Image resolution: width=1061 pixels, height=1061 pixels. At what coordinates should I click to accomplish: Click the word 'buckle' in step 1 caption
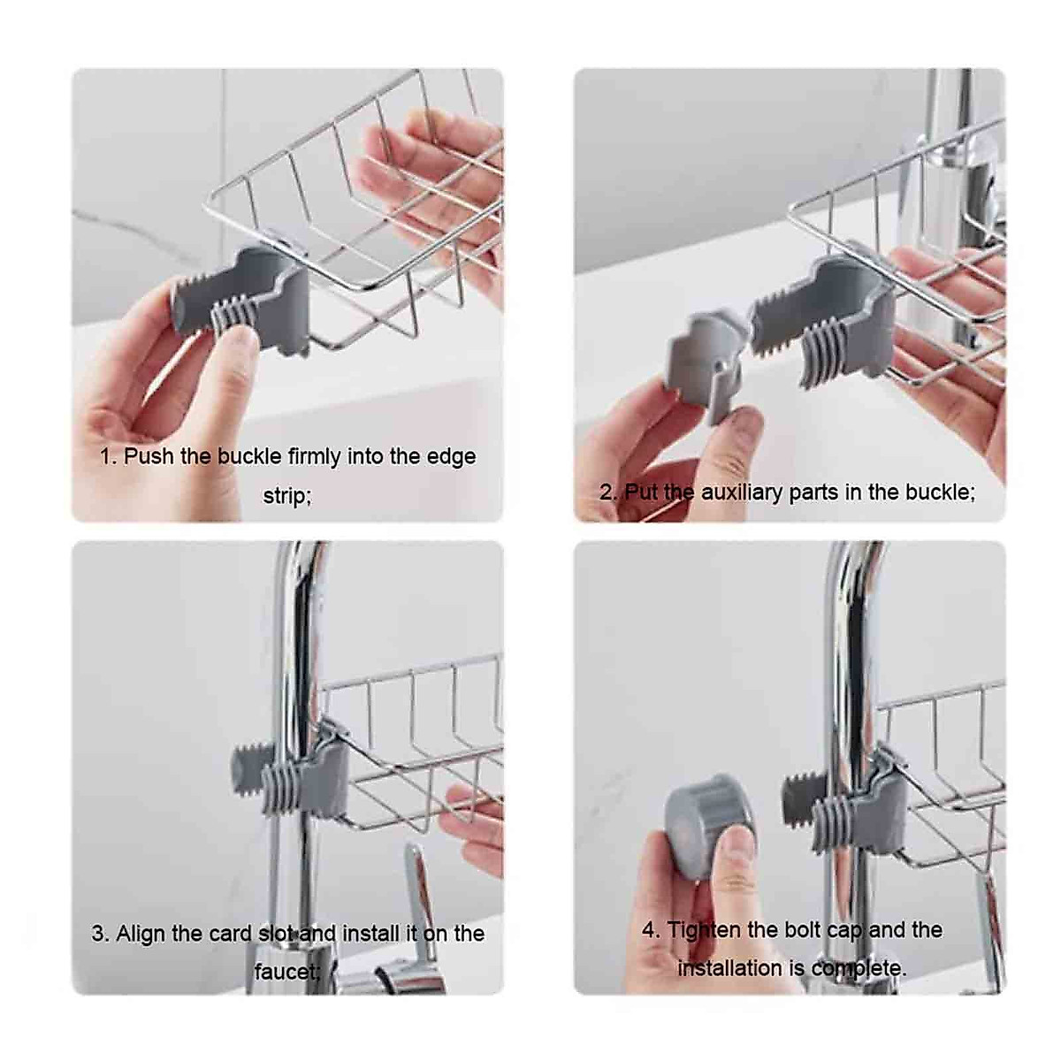click(x=250, y=457)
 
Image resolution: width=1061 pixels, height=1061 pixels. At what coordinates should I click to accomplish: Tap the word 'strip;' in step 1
click(x=287, y=496)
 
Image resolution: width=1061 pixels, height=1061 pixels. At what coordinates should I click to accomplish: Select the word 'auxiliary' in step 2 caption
click(x=742, y=492)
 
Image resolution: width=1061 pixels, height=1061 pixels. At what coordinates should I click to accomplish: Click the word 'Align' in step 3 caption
click(x=141, y=934)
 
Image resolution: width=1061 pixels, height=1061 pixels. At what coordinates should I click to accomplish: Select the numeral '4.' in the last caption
click(x=651, y=930)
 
